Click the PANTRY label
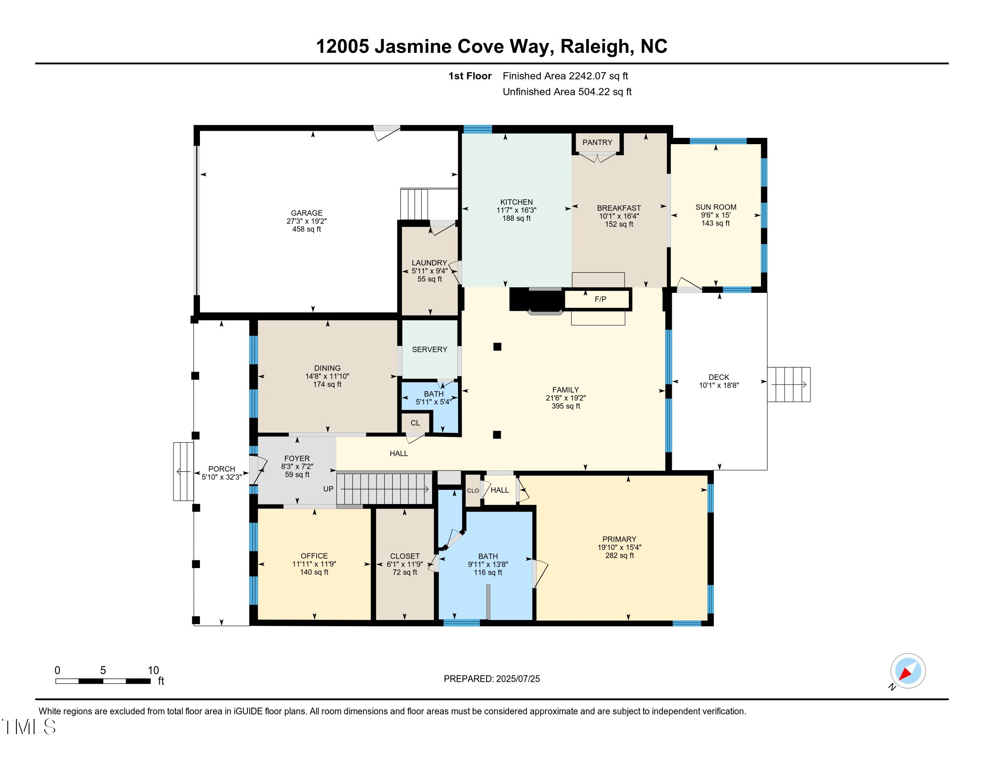coord(597,142)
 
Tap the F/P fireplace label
coord(600,299)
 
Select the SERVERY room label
coord(429,350)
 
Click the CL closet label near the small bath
coord(415,423)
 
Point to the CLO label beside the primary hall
coord(473,491)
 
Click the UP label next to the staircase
coord(328,489)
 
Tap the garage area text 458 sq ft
coord(306,229)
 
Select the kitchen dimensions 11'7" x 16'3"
coord(516,210)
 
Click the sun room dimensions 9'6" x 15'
coord(716,215)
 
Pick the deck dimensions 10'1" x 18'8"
coord(719,385)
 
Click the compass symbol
coord(908,671)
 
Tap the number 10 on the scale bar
coord(153,670)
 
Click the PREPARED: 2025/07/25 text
coord(492,679)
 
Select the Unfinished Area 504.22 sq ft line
coord(567,92)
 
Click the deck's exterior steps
coord(789,385)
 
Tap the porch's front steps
coord(183,471)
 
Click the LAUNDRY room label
coord(429,263)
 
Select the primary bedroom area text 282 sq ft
coord(619,556)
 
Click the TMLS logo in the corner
coord(29,727)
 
